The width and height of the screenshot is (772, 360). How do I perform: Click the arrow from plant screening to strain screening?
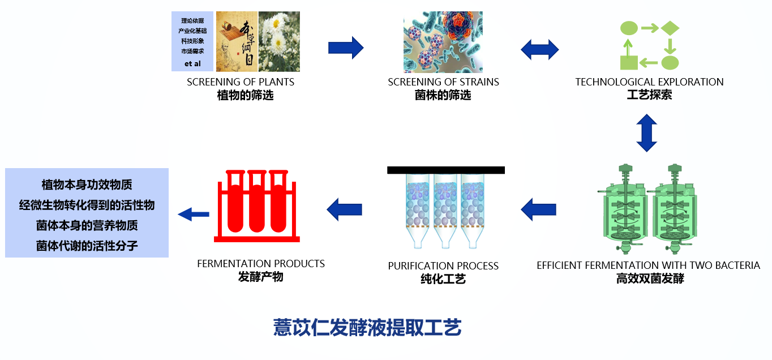346,48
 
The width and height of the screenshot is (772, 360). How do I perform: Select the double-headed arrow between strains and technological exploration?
540,49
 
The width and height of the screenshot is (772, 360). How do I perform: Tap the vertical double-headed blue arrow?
646,133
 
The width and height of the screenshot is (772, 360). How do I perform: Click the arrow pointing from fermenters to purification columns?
538,209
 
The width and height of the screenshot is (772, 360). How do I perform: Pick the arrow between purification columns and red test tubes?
344,209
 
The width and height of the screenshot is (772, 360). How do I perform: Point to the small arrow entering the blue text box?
194,214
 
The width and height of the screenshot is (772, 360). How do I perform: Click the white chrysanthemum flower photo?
279,41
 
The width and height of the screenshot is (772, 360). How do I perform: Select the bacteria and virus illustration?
443,42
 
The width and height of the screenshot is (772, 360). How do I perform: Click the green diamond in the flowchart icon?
670,28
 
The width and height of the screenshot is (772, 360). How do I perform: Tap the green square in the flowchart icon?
629,62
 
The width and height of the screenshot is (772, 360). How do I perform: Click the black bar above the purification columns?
446,170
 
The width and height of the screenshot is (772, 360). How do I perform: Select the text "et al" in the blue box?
192,64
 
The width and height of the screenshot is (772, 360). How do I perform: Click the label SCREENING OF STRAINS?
443,82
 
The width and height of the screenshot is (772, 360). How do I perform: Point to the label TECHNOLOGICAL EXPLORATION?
649,82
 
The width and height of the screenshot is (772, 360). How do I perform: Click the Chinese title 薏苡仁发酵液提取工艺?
367,327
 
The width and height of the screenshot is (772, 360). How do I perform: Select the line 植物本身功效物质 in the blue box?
87,185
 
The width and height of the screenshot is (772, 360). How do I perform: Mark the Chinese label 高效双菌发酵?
650,278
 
